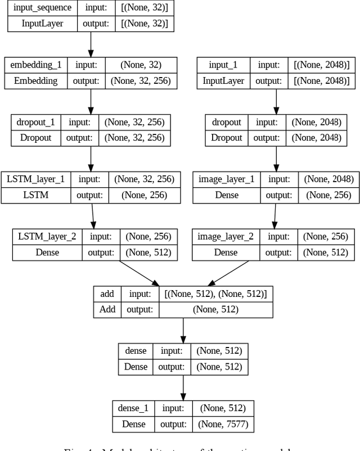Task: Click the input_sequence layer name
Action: coord(42,8)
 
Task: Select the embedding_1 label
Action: coord(36,65)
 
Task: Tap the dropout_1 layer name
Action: coord(36,122)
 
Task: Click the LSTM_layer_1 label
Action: coord(36,179)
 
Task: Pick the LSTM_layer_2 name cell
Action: coord(47,237)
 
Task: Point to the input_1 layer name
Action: coord(223,65)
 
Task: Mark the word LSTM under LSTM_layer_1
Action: coord(36,196)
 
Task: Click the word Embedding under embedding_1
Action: coord(36,81)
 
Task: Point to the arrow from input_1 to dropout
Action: coord(276,101)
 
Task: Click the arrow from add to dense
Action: coord(183,330)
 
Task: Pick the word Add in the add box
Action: coord(107,310)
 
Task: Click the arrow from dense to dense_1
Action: coord(183,386)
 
